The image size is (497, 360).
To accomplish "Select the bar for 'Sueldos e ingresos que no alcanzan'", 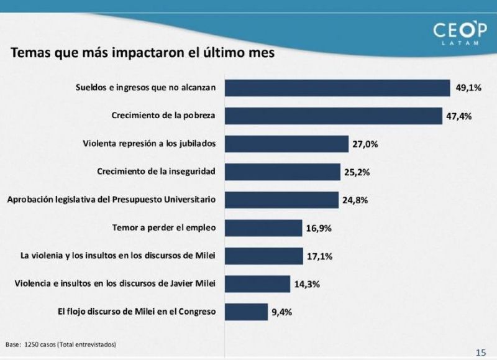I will [x=337, y=88].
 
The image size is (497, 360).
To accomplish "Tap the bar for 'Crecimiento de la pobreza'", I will [x=333, y=116].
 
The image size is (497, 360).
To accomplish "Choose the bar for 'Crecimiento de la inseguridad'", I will [x=282, y=172].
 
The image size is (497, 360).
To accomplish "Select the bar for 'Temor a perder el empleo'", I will [x=263, y=228].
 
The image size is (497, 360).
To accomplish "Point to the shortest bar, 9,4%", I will [x=245, y=311].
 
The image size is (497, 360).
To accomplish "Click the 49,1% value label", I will [x=469, y=88].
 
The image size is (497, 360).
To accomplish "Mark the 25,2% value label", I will [x=357, y=172].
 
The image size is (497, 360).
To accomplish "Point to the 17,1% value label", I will [x=319, y=256].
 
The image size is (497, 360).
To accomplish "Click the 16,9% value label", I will [x=319, y=228].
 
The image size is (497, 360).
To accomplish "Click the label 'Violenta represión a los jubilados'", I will [x=149, y=144].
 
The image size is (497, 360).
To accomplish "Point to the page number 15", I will [x=480, y=353].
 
